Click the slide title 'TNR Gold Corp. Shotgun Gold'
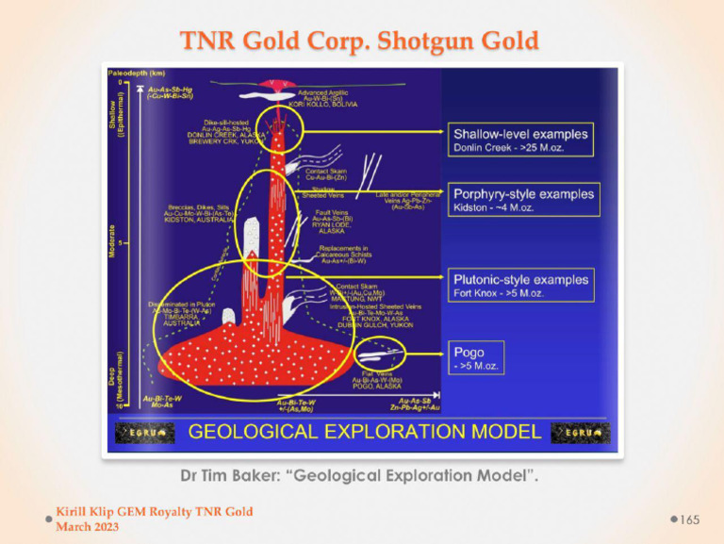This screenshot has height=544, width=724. coord(362,41)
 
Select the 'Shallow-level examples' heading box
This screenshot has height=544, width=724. coord(521,134)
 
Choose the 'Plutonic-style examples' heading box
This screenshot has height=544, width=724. coord(521,279)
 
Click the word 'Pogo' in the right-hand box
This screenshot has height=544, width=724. coord(469,353)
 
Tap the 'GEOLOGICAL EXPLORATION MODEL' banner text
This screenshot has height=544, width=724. coord(366,433)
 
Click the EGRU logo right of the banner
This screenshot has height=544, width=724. coord(581,433)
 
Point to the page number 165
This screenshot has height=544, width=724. coord(690,519)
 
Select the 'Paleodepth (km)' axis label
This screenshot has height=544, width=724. coord(136,73)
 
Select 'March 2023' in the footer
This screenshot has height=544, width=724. coord(88,526)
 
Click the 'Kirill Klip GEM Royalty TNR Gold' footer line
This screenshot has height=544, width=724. coord(154,512)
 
